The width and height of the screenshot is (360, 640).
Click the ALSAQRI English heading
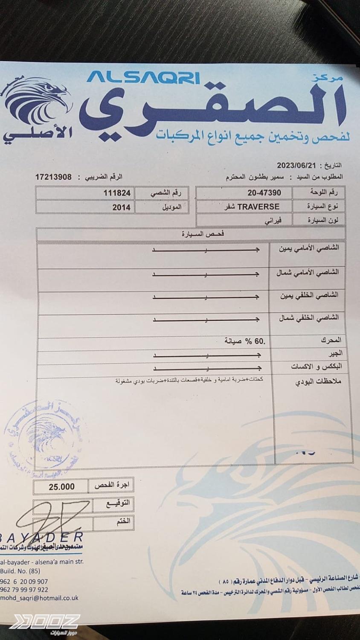coord(143,78)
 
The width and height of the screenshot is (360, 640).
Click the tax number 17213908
coord(53,177)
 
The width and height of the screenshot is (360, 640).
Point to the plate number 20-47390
coord(264,193)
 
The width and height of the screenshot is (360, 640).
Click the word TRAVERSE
coord(258,207)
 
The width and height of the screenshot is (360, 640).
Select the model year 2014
coord(121,207)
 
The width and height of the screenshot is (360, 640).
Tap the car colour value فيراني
coord(273,220)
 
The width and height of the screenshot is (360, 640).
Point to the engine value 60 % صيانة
coord(245,341)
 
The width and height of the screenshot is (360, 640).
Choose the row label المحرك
coord(331,340)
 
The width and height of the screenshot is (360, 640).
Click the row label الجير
coord(334,353)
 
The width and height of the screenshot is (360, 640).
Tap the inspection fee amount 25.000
coord(61,487)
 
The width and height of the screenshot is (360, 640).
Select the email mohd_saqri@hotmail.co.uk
coord(39,598)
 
